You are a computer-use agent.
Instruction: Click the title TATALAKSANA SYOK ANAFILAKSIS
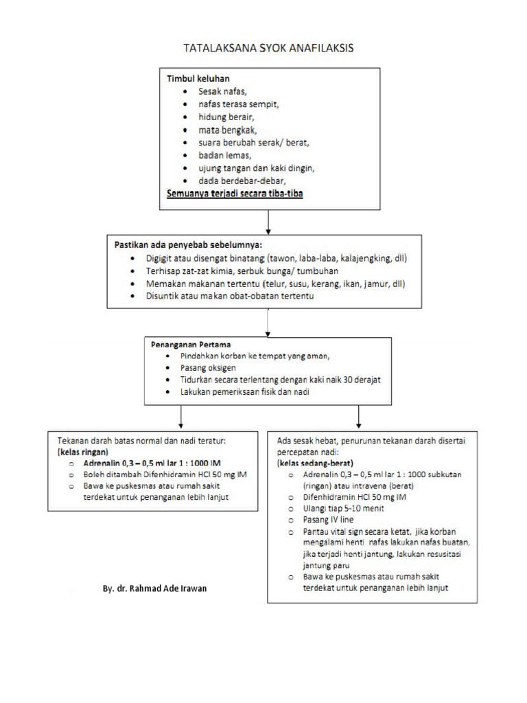268,48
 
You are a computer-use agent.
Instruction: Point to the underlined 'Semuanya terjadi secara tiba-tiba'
235,194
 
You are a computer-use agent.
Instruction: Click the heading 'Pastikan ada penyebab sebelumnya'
188,244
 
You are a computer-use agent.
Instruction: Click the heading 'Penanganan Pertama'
191,344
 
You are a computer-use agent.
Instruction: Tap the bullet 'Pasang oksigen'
208,368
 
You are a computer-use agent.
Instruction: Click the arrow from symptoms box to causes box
268,220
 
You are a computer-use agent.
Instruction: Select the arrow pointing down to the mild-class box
180,417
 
